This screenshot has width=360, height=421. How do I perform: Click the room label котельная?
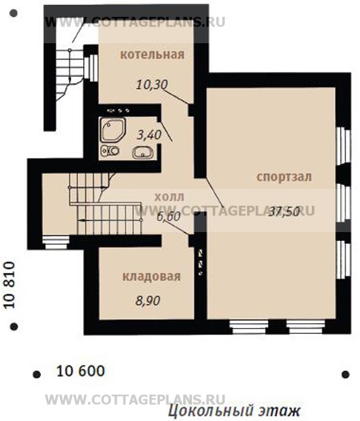(x=152, y=54)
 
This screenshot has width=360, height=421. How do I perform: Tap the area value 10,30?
(x=152, y=85)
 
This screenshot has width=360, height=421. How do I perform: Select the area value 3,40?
(x=149, y=134)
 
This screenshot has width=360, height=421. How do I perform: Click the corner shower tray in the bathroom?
(x=113, y=130)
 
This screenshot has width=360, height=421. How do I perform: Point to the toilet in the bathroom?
(x=110, y=150)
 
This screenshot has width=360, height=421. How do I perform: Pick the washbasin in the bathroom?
(x=143, y=153)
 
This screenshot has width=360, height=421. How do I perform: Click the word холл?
(x=170, y=198)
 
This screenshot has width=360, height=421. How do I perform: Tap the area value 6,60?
(x=168, y=216)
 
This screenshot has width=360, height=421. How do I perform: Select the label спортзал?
(x=284, y=177)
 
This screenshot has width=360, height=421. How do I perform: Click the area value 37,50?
(x=284, y=211)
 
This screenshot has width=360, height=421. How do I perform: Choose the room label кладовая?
(x=151, y=277)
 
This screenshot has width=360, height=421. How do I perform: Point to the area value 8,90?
(x=148, y=300)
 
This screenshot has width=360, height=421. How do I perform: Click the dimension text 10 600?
(x=81, y=371)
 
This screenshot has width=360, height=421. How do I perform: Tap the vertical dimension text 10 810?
(x=9, y=285)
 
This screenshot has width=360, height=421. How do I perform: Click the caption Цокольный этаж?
(x=234, y=411)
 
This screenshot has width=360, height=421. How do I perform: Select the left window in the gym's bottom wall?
(x=249, y=327)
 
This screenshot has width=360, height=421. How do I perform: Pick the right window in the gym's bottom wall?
(x=306, y=327)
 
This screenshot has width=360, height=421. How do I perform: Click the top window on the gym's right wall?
(x=344, y=145)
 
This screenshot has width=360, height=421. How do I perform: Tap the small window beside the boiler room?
(x=91, y=68)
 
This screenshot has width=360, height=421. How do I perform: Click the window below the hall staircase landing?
(x=56, y=243)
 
